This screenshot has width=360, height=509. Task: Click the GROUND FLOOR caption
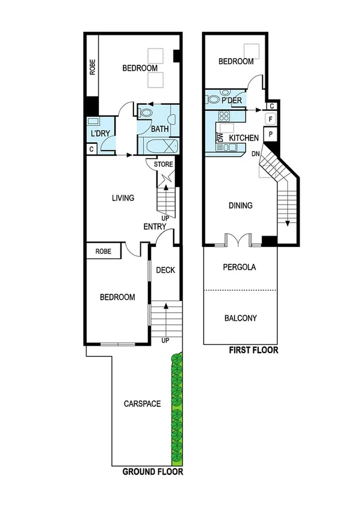pos(153,472)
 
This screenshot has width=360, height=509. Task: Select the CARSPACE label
pos(142,403)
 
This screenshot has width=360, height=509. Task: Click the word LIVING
pos(123,198)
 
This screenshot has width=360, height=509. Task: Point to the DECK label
pos(165,270)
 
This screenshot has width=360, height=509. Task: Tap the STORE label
pos(164,164)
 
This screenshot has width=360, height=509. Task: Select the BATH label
pos(159,129)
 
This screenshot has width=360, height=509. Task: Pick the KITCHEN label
pos(244,138)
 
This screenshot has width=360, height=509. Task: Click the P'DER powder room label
pos(231,100)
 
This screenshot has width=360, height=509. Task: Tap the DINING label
pos(241,206)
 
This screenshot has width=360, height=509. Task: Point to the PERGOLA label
pos(240,267)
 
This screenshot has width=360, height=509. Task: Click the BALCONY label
pos(241,318)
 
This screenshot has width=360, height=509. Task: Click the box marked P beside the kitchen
pos(271,134)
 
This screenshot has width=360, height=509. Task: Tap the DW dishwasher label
pos(219,137)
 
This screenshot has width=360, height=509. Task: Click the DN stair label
pos(256,155)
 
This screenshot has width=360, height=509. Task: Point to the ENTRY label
pos(155,226)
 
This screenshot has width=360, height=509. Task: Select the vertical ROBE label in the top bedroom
pos(92,67)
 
